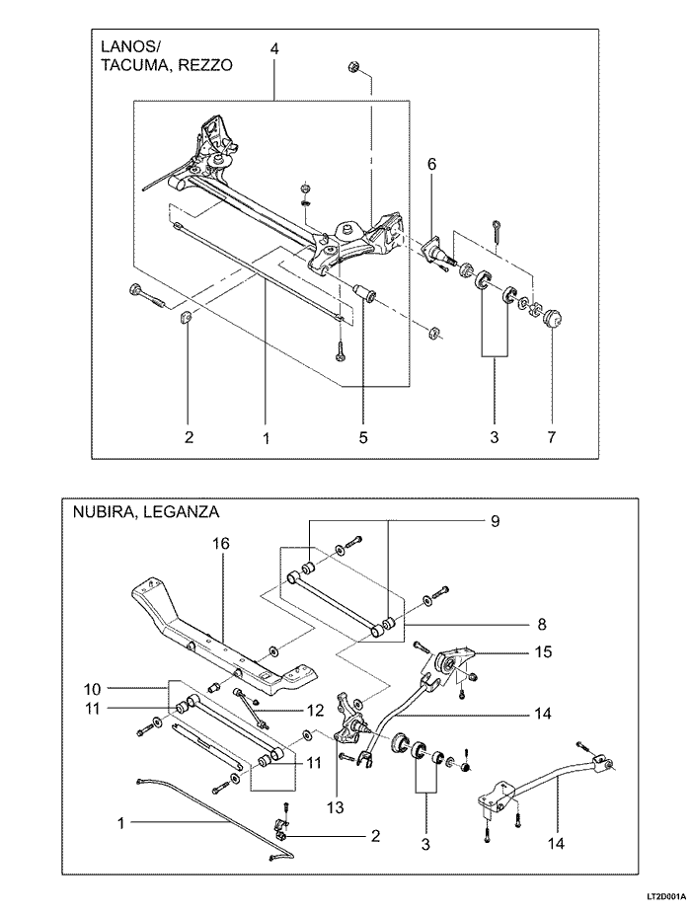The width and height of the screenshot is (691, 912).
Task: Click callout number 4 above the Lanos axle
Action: point(274,49)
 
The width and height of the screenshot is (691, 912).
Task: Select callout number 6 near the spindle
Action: point(431,165)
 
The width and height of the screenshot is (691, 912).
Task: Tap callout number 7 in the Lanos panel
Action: point(552,437)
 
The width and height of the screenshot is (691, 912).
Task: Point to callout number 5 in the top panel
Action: point(363,437)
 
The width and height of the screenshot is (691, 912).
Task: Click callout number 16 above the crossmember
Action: point(221,544)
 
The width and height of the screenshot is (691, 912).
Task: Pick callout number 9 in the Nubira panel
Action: point(495,521)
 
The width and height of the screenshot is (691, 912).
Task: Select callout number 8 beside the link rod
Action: point(542,624)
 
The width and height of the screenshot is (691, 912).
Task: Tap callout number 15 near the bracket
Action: point(543,651)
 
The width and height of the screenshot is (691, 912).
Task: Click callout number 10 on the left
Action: point(93,689)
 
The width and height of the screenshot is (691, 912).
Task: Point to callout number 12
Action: point(314,710)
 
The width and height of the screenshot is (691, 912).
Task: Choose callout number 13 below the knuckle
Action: point(336,807)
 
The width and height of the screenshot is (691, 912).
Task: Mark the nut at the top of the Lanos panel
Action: point(352,66)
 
